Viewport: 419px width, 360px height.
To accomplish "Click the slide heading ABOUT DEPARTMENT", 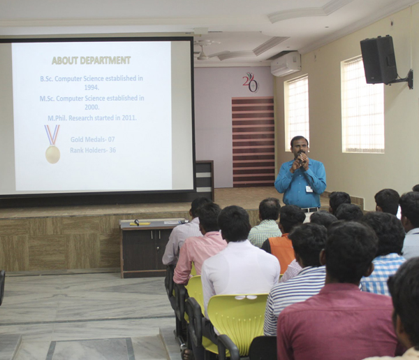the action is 91,60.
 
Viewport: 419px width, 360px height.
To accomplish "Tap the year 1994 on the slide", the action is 91,87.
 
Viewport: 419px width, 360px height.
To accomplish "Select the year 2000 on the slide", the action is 92,107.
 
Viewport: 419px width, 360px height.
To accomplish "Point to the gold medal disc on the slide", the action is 52,154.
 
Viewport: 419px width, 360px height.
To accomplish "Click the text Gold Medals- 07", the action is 92,139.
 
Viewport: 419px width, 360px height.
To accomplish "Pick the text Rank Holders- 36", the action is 93,150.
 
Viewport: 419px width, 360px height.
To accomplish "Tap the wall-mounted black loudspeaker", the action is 378,60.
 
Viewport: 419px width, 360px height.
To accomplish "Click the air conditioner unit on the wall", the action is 286,64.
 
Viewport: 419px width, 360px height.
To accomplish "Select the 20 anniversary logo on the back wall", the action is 251,82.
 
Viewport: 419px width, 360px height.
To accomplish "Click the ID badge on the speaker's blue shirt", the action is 309,189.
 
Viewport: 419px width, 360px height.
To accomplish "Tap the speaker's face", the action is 300,147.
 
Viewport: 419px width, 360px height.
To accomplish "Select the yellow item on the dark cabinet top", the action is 140,224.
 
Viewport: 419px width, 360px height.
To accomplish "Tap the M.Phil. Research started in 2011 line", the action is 92,117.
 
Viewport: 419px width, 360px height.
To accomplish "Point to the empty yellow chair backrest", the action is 238,318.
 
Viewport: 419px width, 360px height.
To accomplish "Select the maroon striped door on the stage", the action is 253,142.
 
